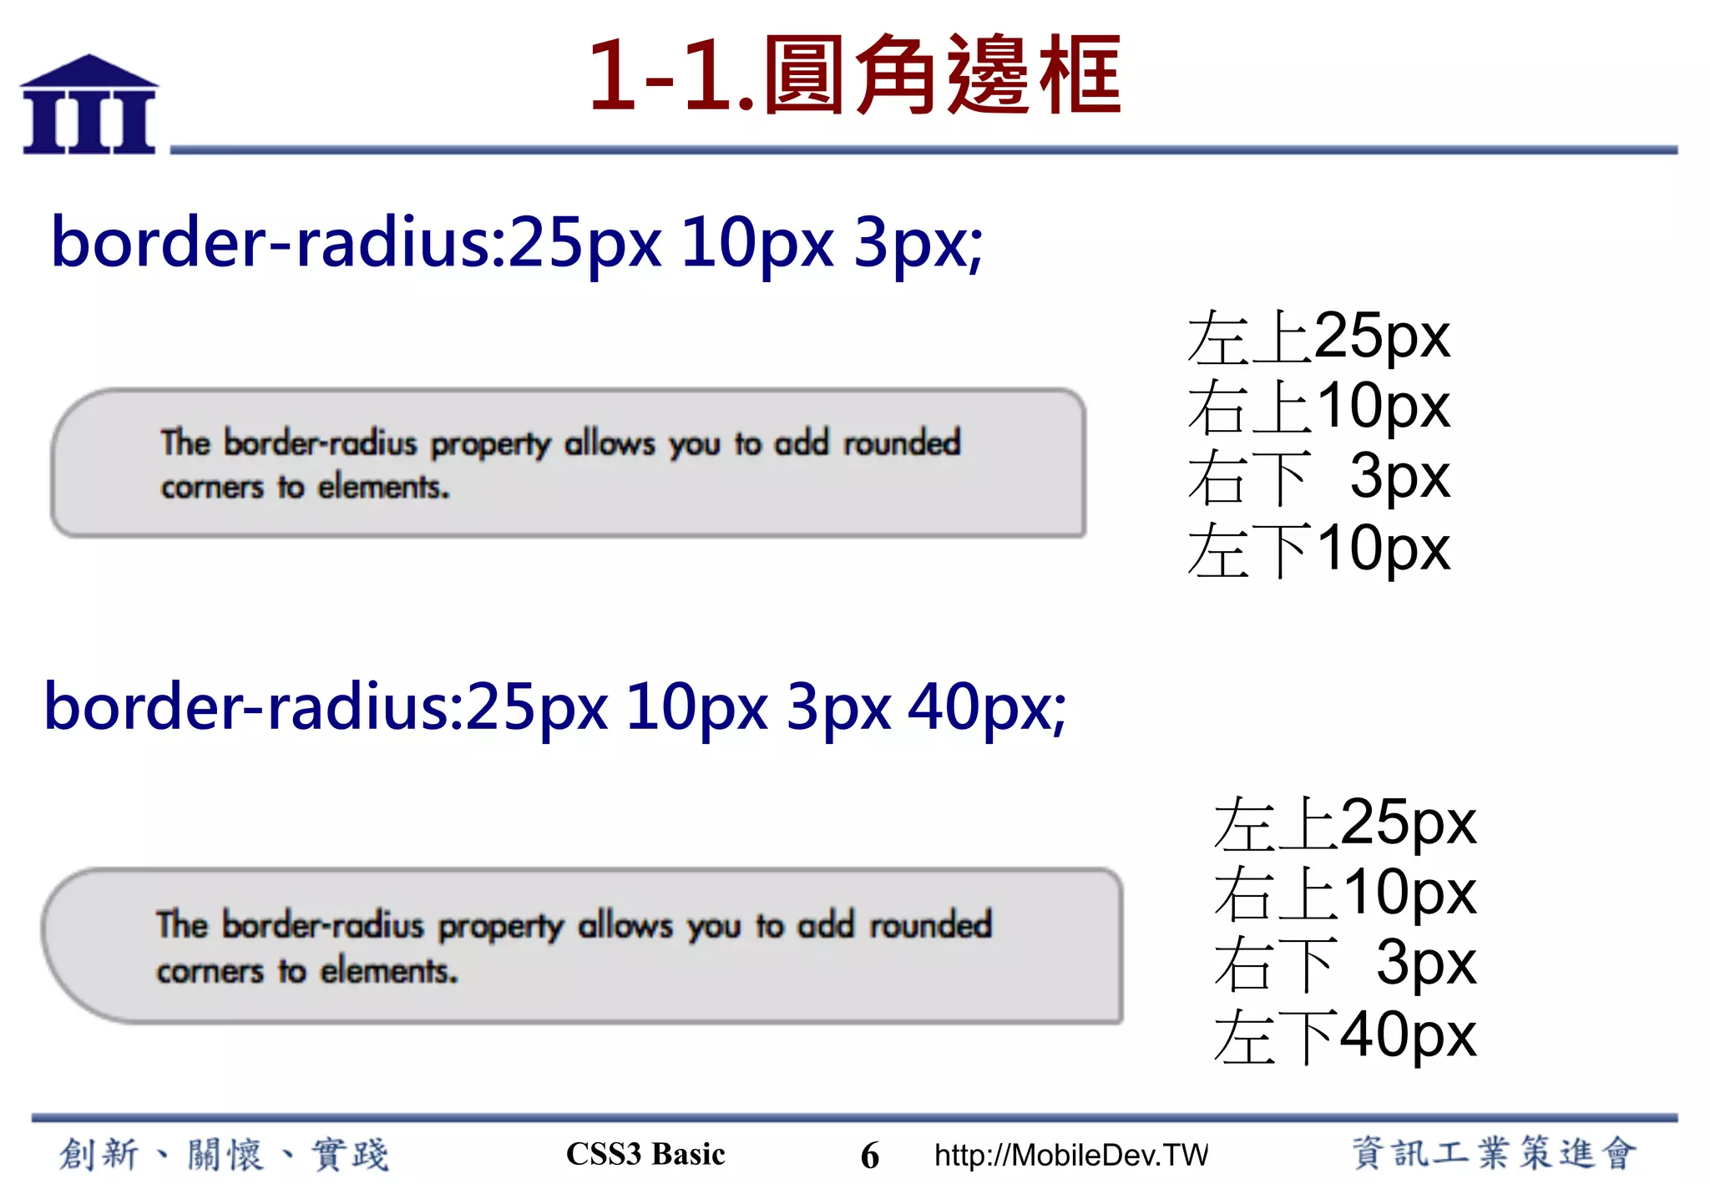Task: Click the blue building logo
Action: pyautogui.click(x=89, y=105)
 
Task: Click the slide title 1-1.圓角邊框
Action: pyautogui.click(x=854, y=75)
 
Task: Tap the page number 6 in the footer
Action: pyautogui.click(x=869, y=1156)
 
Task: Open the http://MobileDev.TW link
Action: pyautogui.click(x=1071, y=1155)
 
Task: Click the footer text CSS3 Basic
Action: pyautogui.click(x=645, y=1154)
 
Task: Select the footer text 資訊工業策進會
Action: pyautogui.click(x=1493, y=1153)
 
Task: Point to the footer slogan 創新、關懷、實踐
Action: pyautogui.click(x=224, y=1155)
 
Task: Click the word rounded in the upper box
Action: pyautogui.click(x=903, y=443)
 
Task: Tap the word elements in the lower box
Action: pyautogui.click(x=389, y=971)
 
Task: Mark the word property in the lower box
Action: pyautogui.click(x=501, y=927)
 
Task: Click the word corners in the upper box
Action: pyautogui.click(x=212, y=487)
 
